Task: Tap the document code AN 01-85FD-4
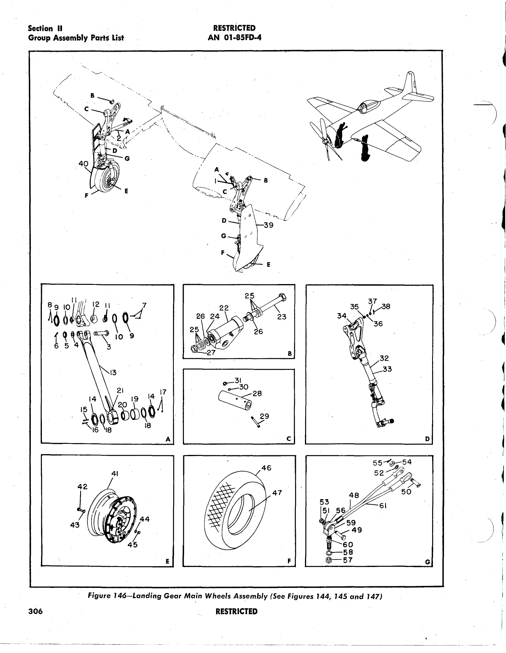234,38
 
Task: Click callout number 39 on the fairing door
269,225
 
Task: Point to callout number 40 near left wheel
83,163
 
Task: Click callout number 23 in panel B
282,317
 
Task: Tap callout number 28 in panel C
257,393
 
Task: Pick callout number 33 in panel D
387,369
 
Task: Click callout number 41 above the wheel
115,473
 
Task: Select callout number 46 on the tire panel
267,468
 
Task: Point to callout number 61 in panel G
382,505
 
